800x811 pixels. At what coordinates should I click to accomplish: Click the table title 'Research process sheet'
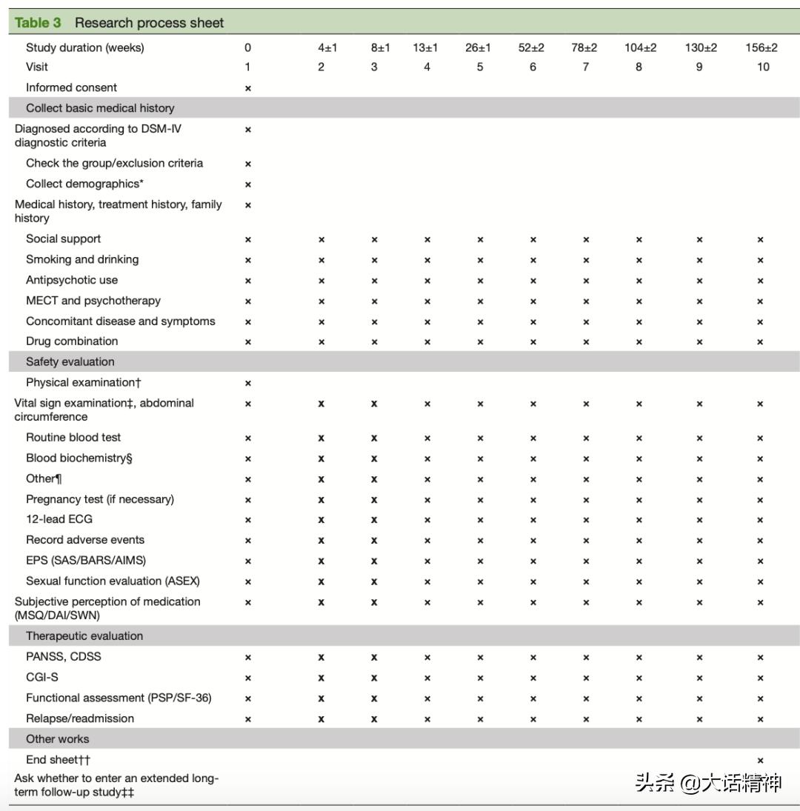coord(149,23)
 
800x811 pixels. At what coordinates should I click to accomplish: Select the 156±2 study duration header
coord(761,47)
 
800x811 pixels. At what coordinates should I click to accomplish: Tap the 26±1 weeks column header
coord(478,47)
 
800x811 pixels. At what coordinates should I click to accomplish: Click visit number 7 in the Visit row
coord(585,67)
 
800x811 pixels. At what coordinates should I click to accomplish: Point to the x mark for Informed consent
coord(248,88)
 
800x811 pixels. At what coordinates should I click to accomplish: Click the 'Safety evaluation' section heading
coord(70,361)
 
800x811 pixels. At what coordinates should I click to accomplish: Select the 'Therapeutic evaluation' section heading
coord(84,635)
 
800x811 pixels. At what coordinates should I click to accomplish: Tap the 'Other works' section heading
coord(57,738)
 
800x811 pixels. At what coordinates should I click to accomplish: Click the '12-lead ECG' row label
coord(59,519)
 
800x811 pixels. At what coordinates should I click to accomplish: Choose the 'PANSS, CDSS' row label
coord(64,656)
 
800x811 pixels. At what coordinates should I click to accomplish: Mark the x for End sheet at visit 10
coord(760,761)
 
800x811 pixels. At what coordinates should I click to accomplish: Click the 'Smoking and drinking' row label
coord(82,259)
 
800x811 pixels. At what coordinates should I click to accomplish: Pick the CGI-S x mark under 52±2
coord(533,678)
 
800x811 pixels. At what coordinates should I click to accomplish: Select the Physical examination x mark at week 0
coord(248,384)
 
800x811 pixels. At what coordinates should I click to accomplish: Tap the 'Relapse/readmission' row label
coord(80,718)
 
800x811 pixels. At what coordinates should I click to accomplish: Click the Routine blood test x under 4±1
coord(321,438)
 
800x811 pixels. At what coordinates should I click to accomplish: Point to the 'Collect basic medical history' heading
coord(100,108)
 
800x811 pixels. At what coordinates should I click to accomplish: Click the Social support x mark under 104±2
coord(639,240)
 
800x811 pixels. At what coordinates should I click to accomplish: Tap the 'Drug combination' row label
coord(72,341)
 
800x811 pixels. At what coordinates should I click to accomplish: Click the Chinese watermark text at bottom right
coord(708,782)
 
